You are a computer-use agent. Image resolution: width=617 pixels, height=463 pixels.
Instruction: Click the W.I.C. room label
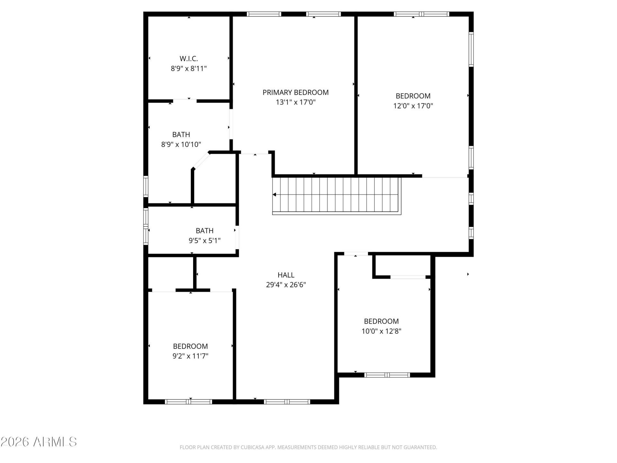point(189,59)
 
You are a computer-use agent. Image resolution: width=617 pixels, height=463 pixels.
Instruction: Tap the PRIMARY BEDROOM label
point(296,93)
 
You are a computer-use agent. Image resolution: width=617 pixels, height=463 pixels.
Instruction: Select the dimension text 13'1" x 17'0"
point(296,102)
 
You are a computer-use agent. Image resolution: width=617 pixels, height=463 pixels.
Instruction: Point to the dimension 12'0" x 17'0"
point(413,106)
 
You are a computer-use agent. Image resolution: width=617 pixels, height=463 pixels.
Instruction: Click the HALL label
point(286,275)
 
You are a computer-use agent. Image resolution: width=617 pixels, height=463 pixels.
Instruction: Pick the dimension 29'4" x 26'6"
point(286,285)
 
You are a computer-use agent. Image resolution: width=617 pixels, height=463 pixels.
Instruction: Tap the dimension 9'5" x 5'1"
point(205,241)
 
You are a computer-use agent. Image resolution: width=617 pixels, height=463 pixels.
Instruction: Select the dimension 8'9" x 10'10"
point(181,144)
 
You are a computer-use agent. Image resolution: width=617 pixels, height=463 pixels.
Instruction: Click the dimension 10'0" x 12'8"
point(381,331)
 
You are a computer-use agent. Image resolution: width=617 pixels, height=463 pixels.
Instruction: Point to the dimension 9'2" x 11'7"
point(191,356)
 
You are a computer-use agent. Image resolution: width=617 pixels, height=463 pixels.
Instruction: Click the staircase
point(336,195)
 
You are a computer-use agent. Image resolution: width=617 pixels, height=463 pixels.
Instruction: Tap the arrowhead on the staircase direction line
point(274,195)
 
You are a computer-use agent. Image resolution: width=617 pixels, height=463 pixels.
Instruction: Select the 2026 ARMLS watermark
point(39,442)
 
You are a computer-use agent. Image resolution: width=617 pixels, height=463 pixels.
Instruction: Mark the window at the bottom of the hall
point(287,402)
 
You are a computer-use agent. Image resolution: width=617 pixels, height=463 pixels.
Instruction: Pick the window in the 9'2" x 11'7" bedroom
point(189,402)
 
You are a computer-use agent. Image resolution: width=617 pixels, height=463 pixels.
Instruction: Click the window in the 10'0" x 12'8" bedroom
point(387,375)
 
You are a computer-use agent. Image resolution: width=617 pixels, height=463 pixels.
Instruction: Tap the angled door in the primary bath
point(201,160)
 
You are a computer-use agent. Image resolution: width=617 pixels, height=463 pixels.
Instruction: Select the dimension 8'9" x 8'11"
point(189,68)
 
